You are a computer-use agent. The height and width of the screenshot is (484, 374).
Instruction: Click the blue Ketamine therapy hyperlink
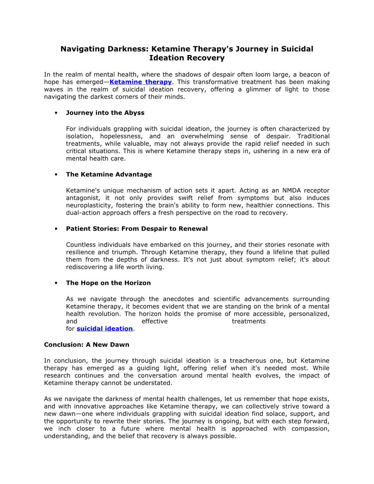[141, 82]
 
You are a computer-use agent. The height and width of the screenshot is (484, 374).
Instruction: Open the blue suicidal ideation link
[104, 329]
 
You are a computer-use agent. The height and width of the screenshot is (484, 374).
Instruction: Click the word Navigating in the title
[81, 49]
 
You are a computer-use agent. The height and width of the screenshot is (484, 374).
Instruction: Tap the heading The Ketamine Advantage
[109, 174]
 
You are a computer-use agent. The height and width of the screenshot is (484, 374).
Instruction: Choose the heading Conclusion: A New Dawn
[87, 345]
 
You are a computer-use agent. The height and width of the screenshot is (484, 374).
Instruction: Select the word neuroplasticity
[89, 205]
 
